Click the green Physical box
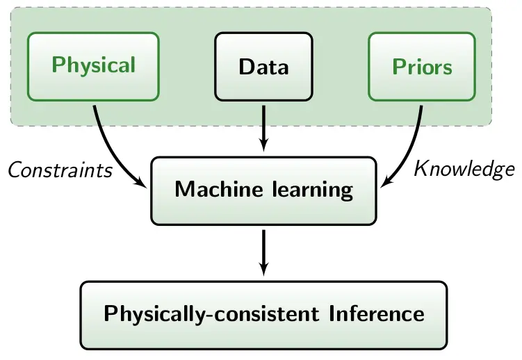click(93, 66)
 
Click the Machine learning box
click(263, 190)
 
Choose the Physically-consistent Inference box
click(263, 313)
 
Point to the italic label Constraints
click(60, 170)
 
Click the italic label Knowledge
click(464, 168)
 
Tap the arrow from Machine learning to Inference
click(263, 250)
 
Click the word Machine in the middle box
click(211, 189)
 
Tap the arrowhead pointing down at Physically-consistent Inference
click(263, 269)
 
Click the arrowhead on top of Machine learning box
click(263, 145)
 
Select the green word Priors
click(422, 67)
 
